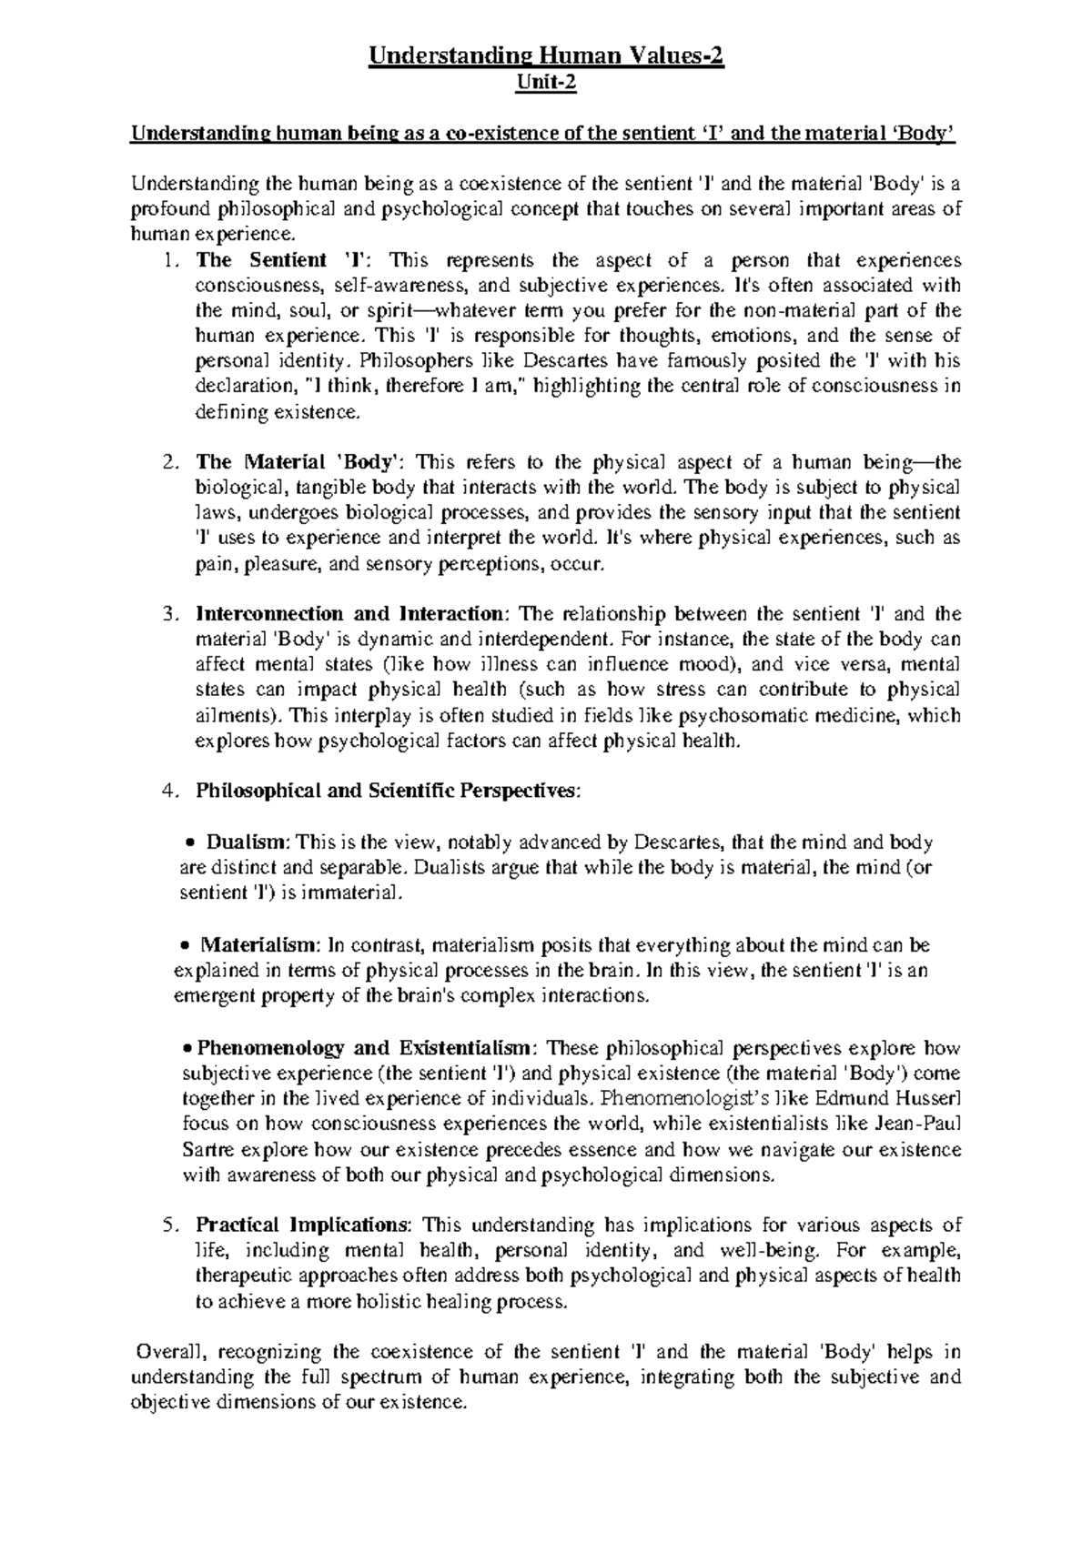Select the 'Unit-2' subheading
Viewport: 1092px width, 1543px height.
[x=545, y=86]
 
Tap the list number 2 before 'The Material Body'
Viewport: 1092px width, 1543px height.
[x=169, y=461]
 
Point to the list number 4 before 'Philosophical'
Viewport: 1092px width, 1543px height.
[x=169, y=791]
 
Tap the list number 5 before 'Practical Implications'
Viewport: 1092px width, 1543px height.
[x=169, y=1225]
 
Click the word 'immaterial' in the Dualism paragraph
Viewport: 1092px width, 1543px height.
[x=354, y=893]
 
